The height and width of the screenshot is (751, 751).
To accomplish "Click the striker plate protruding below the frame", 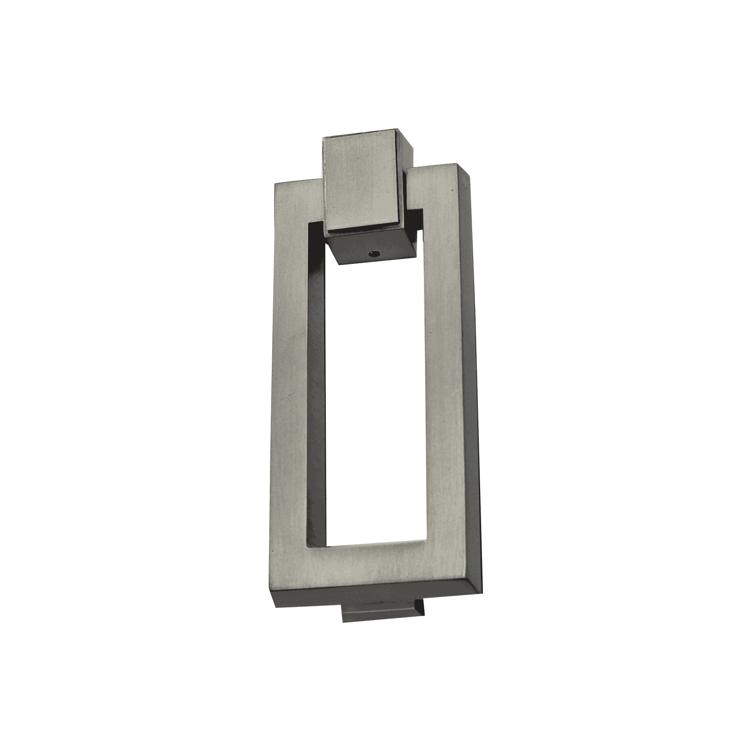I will [x=383, y=613].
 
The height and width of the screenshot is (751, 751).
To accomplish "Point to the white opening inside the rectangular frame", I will [x=375, y=399].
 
